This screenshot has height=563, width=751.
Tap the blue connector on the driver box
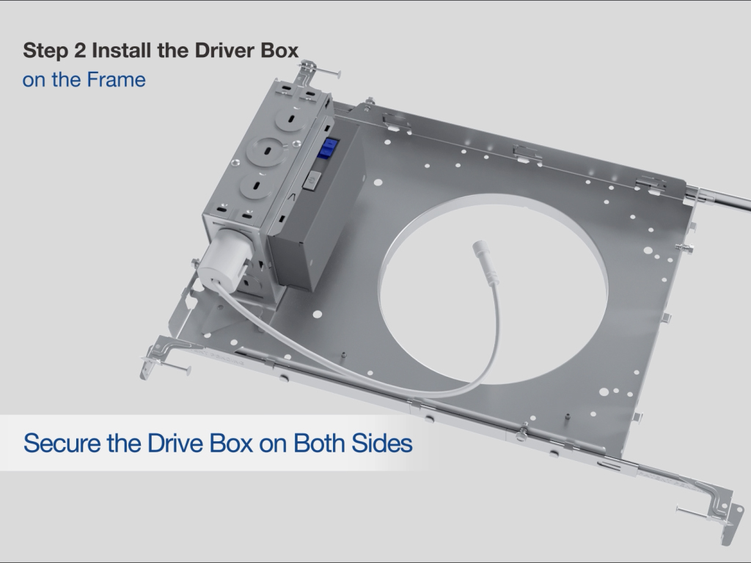coord(329,148)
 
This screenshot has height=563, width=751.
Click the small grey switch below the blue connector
coord(312,180)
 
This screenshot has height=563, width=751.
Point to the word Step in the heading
coord(46,51)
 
